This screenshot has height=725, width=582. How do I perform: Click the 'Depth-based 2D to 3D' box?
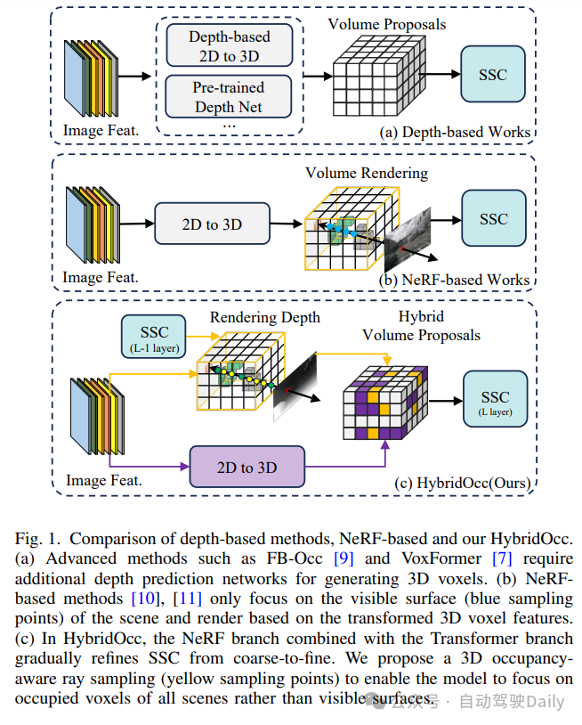click(x=229, y=45)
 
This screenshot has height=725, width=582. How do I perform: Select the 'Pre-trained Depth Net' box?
click(x=229, y=96)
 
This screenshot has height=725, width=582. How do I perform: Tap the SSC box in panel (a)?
click(x=495, y=74)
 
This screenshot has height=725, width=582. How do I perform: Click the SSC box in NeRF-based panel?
click(x=495, y=219)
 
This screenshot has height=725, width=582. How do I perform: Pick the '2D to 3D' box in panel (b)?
click(x=212, y=224)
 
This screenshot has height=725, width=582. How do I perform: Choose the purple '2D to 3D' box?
click(x=247, y=468)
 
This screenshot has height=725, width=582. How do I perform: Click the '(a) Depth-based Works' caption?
click(x=455, y=132)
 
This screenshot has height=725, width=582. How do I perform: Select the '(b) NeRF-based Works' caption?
click(x=455, y=280)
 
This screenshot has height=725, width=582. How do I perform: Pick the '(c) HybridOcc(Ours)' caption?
click(x=463, y=483)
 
